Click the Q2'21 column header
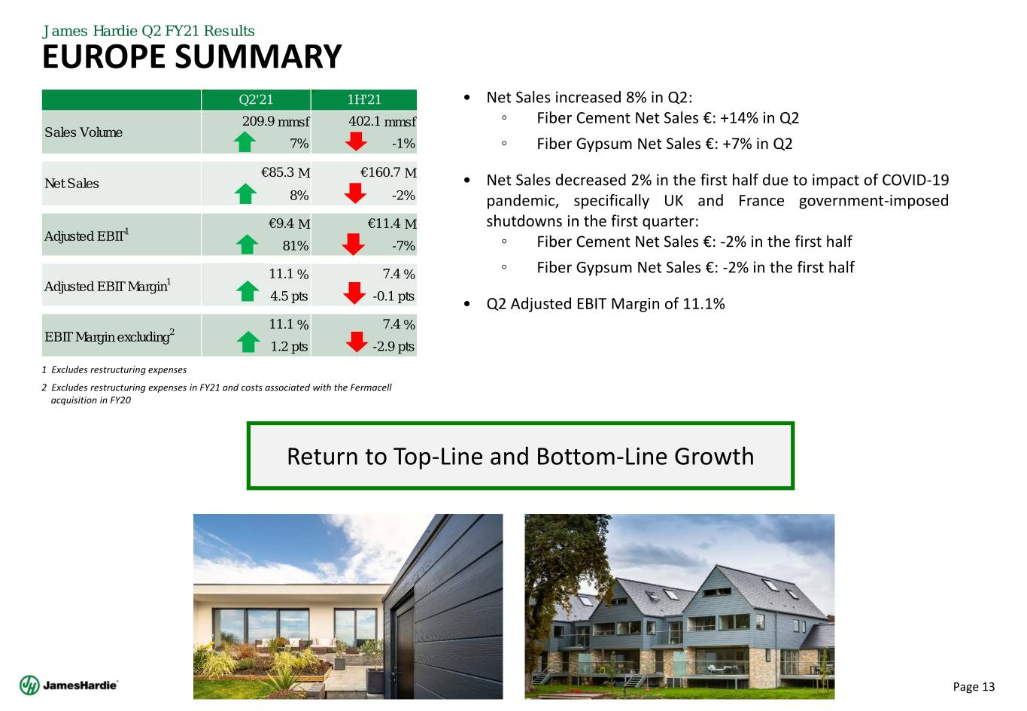pyautogui.click(x=255, y=99)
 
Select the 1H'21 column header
pyautogui.click(x=363, y=99)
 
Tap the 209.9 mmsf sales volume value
pyautogui.click(x=275, y=121)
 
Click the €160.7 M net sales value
pyautogui.click(x=388, y=172)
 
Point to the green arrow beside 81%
pyautogui.click(x=247, y=245)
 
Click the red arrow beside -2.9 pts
pyautogui.click(x=357, y=342)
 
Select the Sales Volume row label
pyautogui.click(x=84, y=132)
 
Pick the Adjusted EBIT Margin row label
pyautogui.click(x=108, y=285)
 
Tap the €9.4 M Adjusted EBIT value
pyautogui.click(x=290, y=223)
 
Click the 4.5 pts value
pyautogui.click(x=289, y=296)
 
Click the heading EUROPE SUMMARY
pyautogui.click(x=192, y=56)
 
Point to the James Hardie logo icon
pyautogui.click(x=29, y=685)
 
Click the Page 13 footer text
pyautogui.click(x=974, y=686)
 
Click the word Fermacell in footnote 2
pyautogui.click(x=370, y=387)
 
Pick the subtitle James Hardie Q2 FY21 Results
pyautogui.click(x=148, y=31)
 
